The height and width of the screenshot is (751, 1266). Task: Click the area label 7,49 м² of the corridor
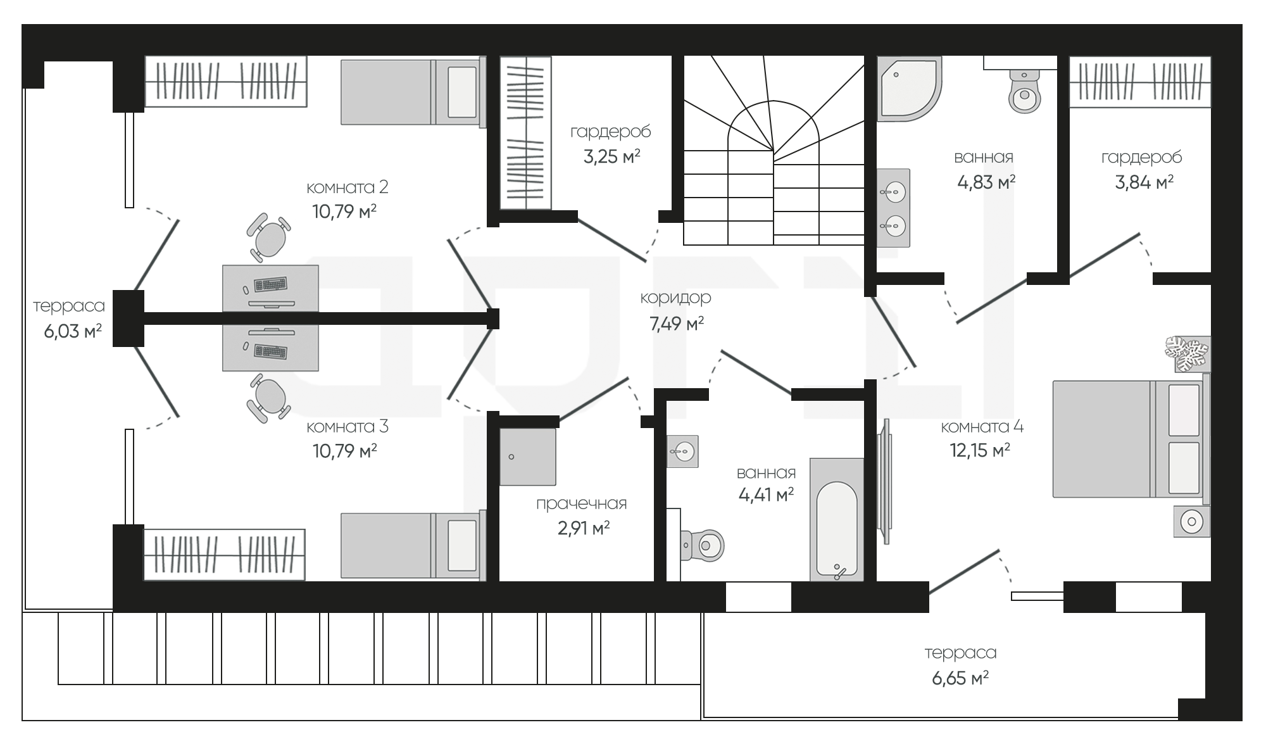pyautogui.click(x=677, y=324)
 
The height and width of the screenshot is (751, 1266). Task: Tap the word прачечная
pyautogui.click(x=581, y=504)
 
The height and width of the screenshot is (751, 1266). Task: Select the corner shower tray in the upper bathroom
pyautogui.click(x=909, y=89)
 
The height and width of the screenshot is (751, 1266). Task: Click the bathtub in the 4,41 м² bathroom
pyautogui.click(x=837, y=519)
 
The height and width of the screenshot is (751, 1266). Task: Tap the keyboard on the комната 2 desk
pyautogui.click(x=270, y=284)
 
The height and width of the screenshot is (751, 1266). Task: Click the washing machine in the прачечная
pyautogui.click(x=528, y=457)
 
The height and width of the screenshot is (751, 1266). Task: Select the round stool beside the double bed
pyautogui.click(x=1192, y=521)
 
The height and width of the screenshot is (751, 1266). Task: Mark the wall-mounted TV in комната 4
pyautogui.click(x=885, y=481)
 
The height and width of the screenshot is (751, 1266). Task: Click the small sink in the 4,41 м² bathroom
pyautogui.click(x=682, y=451)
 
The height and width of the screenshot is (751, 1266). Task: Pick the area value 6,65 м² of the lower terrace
pyautogui.click(x=960, y=679)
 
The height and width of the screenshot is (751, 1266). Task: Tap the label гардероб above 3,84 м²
pyautogui.click(x=1141, y=157)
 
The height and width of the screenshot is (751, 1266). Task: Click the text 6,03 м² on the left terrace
pyautogui.click(x=73, y=331)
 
